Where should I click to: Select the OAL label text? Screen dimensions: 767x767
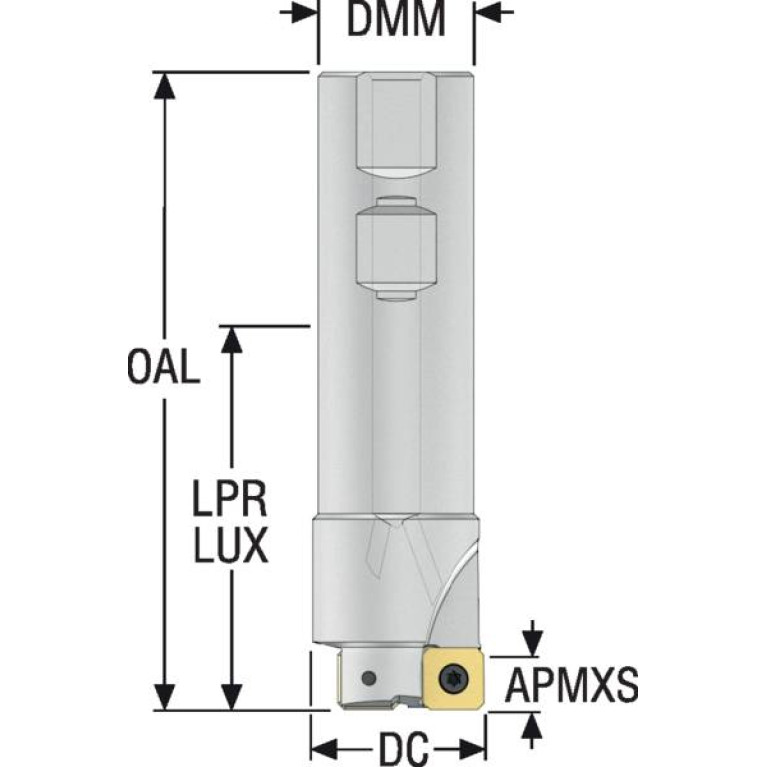point(164,367)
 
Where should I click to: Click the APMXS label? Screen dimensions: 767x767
point(571,686)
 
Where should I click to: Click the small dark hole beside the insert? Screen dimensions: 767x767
point(370,678)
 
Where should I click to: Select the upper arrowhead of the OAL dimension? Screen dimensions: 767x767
point(164,84)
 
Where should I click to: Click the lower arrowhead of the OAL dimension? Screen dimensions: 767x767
point(164,697)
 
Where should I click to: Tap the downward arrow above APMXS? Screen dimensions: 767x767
point(533,638)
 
